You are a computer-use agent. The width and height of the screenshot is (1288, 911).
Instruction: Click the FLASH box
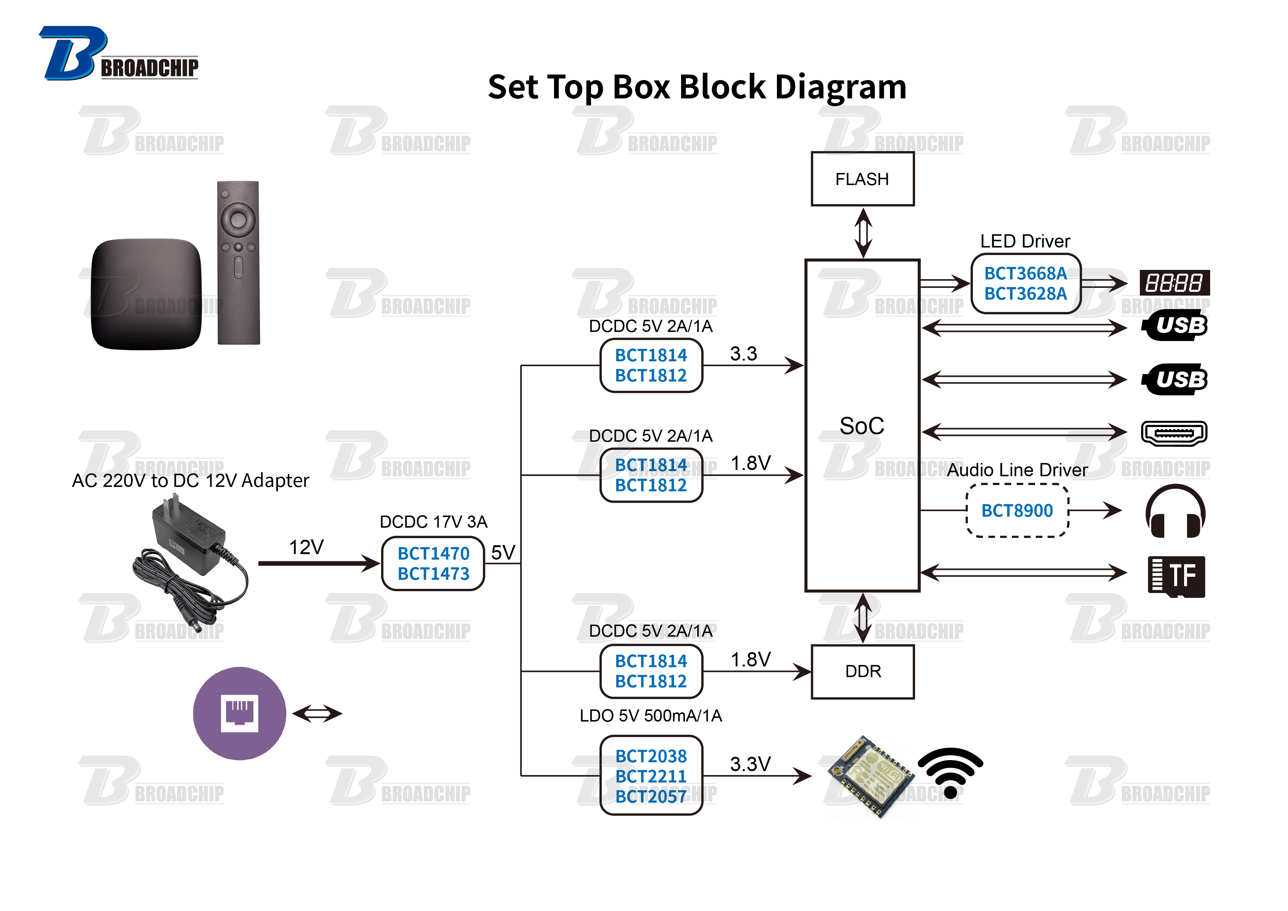862,179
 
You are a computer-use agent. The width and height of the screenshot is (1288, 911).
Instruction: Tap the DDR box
862,672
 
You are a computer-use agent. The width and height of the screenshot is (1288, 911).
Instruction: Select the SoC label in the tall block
862,426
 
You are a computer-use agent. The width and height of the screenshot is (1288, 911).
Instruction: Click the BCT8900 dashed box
1017,510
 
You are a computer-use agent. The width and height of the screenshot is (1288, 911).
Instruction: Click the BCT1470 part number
433,554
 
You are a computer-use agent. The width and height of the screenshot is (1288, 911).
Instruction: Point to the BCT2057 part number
651,796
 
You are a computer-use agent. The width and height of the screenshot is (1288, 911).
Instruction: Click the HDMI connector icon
1174,433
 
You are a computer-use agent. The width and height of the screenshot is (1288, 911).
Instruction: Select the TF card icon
1176,576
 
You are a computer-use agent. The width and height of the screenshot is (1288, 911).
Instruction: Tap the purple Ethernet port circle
239,713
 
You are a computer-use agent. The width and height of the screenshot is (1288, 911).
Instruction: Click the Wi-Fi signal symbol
950,772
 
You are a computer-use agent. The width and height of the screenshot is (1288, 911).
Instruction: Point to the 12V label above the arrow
306,547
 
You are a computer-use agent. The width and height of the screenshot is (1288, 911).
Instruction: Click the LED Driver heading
1025,241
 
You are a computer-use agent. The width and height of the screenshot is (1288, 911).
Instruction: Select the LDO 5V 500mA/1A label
651,716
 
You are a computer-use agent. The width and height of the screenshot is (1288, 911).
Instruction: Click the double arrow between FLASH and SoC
863,233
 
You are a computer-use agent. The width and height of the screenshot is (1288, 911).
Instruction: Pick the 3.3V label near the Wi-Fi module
750,764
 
